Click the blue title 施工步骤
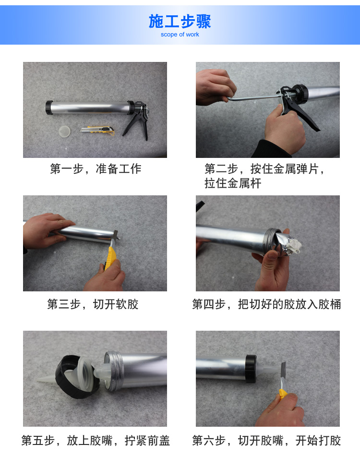180,22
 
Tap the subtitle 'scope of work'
180,34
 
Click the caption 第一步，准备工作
96,168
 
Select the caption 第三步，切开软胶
93,304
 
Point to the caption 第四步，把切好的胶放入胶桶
266,304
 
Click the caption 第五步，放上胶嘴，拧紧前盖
96,440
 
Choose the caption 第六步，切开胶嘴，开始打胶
266,440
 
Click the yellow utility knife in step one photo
98,130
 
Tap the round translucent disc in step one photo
64,131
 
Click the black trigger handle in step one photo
137,122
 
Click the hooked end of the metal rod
230,99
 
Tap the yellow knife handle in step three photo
110,257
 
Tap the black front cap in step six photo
251,368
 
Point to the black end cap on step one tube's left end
49,108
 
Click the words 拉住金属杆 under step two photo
233,183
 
